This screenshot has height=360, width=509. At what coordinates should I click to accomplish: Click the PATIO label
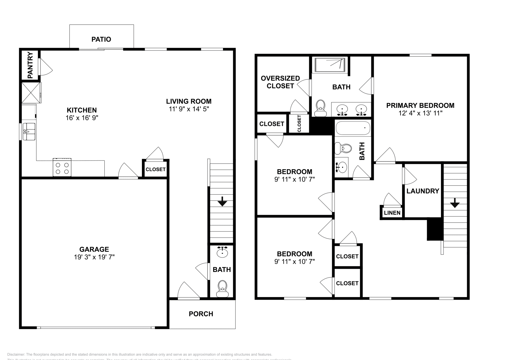[x=101, y=39]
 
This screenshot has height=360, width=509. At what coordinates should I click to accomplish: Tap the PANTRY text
[x=30, y=66]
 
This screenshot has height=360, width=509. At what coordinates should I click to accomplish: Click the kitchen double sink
[x=29, y=132]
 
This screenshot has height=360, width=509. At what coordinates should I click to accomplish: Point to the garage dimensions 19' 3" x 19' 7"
[x=94, y=257]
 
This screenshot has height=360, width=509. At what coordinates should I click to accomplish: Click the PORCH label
[x=201, y=314]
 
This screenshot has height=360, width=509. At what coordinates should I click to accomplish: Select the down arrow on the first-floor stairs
[x=222, y=202]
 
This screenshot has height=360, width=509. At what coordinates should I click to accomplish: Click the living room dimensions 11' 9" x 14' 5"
[x=189, y=109]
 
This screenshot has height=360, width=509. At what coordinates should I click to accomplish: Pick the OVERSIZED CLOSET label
[x=280, y=82]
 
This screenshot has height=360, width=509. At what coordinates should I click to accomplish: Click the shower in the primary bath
[x=330, y=65]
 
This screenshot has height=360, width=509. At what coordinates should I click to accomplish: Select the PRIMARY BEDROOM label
[x=420, y=106]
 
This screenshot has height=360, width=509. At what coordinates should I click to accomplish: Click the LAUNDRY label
[x=422, y=191]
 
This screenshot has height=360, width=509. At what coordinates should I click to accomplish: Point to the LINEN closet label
[x=392, y=213]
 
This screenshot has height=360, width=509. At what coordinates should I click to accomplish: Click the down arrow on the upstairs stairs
[x=455, y=203]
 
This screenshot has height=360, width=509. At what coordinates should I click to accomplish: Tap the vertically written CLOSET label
[x=299, y=123]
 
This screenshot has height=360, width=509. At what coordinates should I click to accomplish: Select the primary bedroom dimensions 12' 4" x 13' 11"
[x=420, y=113]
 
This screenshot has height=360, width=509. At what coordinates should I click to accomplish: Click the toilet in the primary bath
[x=320, y=108]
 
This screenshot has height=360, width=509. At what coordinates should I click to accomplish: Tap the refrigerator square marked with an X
[x=31, y=93]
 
